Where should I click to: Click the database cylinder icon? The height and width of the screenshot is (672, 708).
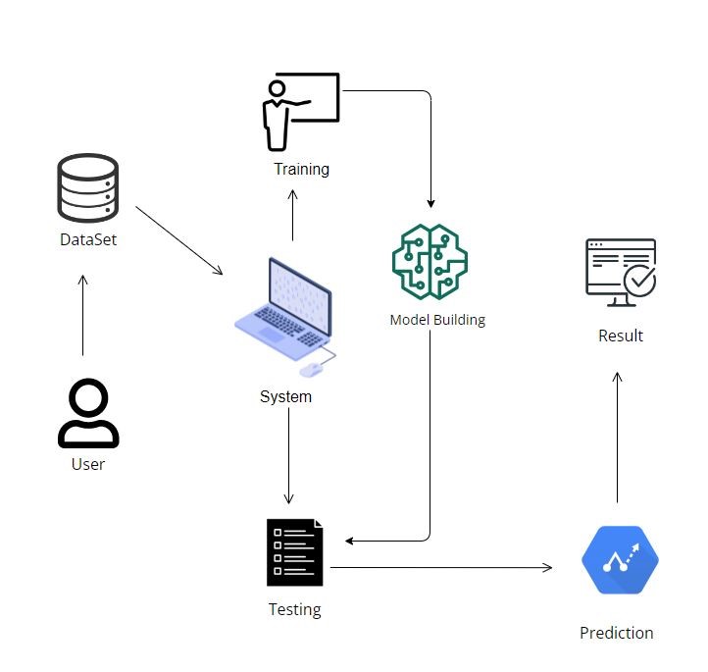[x=88, y=187]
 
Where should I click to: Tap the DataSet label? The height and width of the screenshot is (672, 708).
[x=88, y=238]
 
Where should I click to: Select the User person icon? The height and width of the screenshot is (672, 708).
[x=88, y=415]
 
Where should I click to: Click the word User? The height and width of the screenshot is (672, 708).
[x=88, y=464]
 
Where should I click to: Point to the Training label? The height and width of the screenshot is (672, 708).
[x=301, y=169]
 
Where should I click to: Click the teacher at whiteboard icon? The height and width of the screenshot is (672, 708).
[x=300, y=110]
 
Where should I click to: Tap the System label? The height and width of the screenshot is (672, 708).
[x=285, y=396]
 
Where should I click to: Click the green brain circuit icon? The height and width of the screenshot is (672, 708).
[x=430, y=262]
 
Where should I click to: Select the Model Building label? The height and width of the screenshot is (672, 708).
[x=437, y=320]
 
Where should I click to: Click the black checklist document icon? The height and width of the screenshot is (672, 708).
[x=294, y=552]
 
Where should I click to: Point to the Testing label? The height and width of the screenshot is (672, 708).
[x=294, y=609]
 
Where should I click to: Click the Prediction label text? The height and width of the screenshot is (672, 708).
[x=616, y=633]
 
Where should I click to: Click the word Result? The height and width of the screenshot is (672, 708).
[x=621, y=336]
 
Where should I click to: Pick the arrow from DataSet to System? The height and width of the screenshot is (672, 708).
[x=179, y=240]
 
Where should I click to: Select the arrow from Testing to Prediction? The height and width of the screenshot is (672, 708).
[x=441, y=567]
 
